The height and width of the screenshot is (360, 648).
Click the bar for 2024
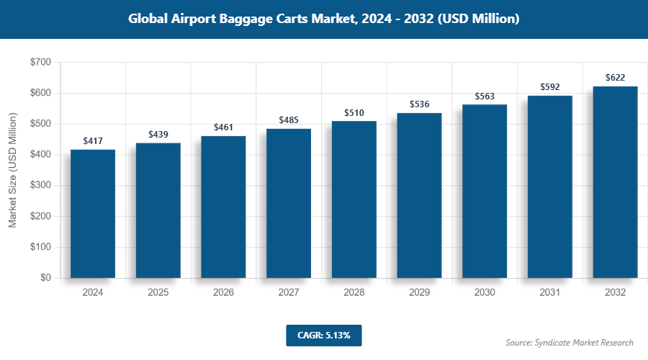(93, 214)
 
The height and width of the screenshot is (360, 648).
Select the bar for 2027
(289, 203)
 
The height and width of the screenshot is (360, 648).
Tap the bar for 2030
(485, 191)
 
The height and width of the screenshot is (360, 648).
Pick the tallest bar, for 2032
(615, 182)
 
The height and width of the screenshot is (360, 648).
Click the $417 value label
(93, 141)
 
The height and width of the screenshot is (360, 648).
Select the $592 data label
(550, 87)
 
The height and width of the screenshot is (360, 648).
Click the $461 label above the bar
(224, 127)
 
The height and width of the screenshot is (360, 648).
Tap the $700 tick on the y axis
(40, 63)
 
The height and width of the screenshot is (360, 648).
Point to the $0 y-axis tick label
(45, 278)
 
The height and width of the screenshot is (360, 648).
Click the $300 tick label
(40, 186)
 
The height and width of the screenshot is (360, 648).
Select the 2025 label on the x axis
(158, 293)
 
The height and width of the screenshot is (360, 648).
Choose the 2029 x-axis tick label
(420, 293)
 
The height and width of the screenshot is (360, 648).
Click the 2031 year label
(550, 293)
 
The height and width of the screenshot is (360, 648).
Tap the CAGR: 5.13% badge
(323, 336)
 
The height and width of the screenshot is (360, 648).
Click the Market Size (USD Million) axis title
(12, 170)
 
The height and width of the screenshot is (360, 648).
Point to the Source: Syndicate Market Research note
(570, 342)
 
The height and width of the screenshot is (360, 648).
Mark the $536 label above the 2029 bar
(420, 104)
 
